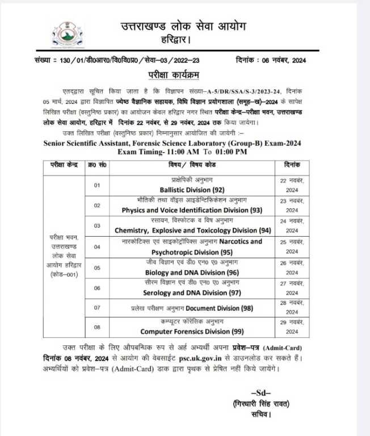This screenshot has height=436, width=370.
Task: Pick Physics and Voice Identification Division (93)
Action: coord(184,209)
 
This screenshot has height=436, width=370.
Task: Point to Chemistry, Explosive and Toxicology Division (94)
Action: coord(184,230)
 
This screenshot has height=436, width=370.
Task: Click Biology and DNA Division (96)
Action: coord(184,272)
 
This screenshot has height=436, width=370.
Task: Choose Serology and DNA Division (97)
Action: coord(184,293)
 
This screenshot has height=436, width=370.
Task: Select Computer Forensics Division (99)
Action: coord(184,331)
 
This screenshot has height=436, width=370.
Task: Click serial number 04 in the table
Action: coord(97,246)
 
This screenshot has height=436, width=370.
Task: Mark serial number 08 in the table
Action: coord(97,326)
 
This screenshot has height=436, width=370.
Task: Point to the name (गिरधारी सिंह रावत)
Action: coord(261,404)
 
